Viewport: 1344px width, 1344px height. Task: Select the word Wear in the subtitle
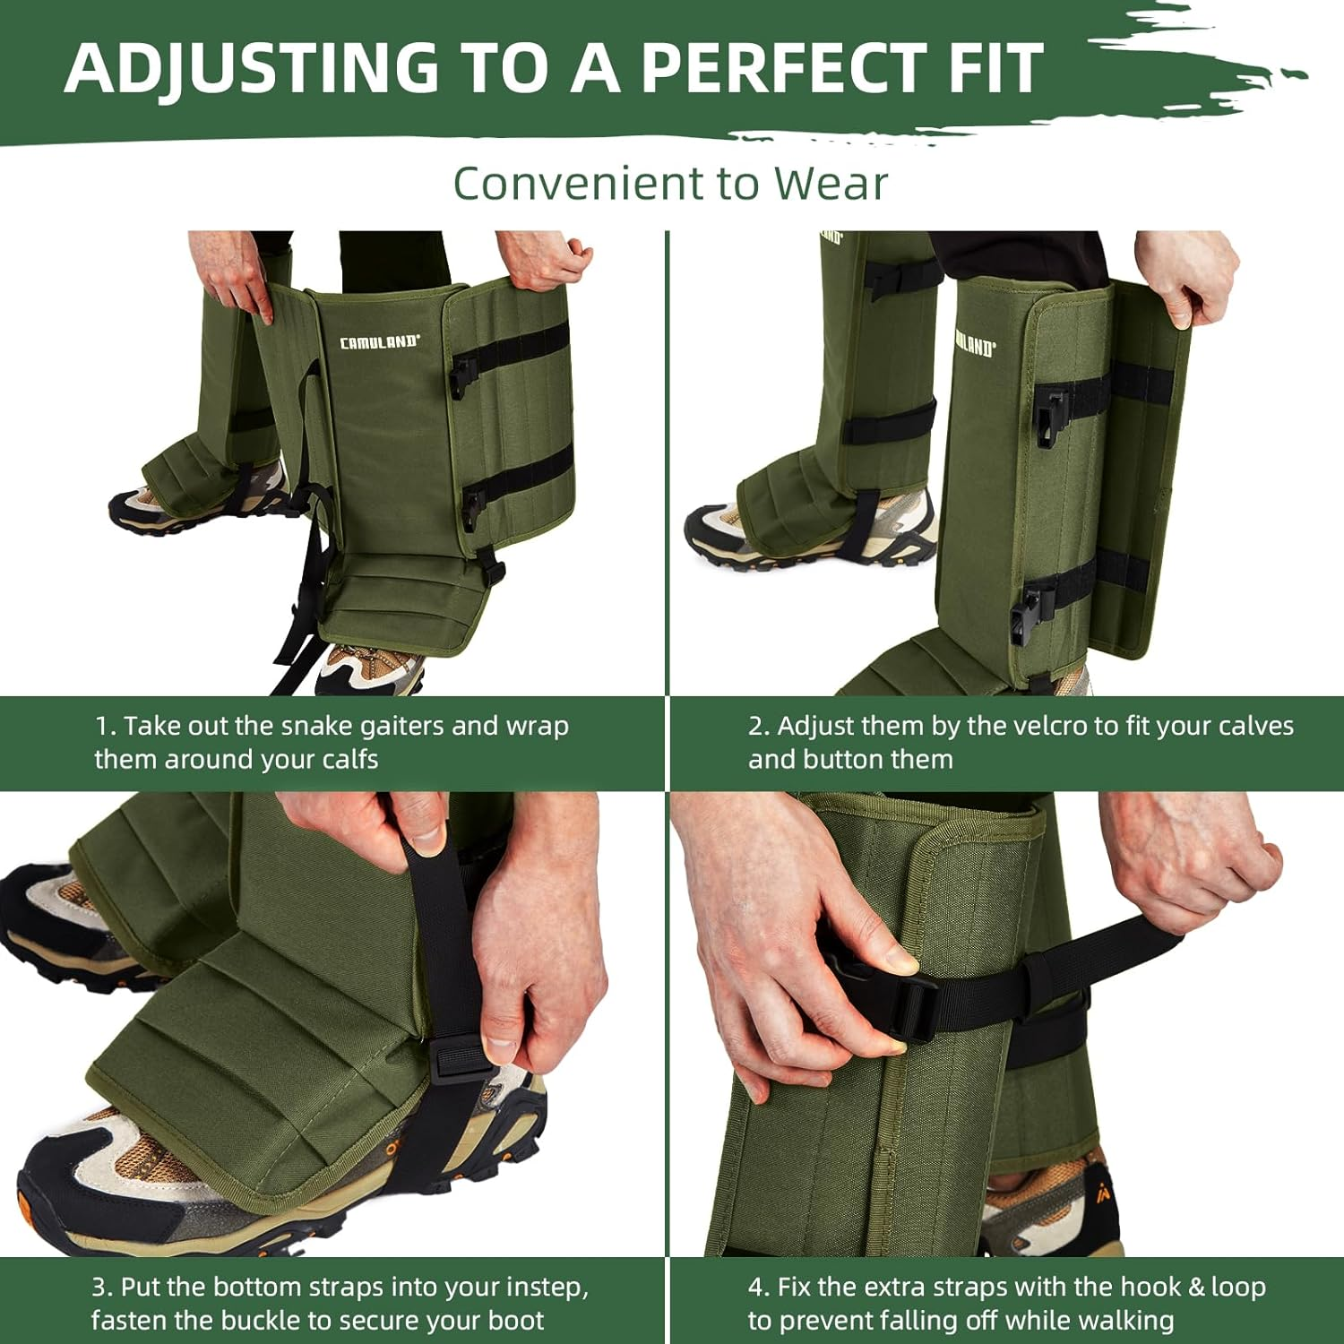pos(831,184)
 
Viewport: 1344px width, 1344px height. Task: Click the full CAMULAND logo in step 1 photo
pos(379,342)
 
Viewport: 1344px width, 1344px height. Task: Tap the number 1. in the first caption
pos(106,726)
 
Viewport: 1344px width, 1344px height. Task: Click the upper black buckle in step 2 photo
pos(1052,414)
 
